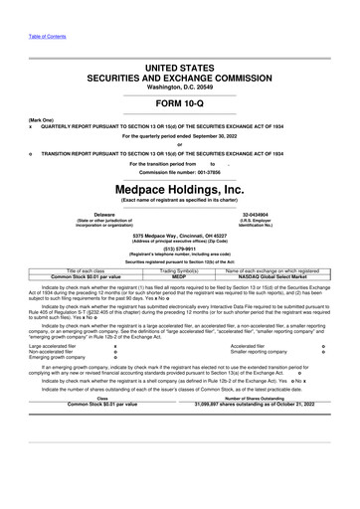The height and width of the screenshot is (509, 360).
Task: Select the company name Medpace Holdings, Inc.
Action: tap(180, 188)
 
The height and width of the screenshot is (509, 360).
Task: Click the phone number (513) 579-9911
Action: tap(180, 250)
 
